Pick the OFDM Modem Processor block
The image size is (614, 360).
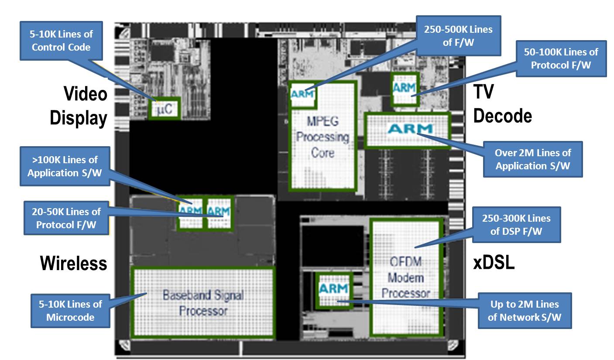(406, 277)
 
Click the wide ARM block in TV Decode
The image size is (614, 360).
(407, 130)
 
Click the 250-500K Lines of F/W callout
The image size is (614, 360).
(458, 36)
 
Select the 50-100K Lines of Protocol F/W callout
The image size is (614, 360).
(561, 58)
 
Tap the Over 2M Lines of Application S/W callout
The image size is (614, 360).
(532, 159)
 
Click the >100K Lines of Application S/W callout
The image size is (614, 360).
(65, 166)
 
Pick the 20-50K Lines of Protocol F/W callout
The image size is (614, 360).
(66, 218)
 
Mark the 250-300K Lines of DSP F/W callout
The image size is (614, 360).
(516, 224)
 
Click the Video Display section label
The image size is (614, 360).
(79, 106)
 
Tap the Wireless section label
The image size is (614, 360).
(73, 263)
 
